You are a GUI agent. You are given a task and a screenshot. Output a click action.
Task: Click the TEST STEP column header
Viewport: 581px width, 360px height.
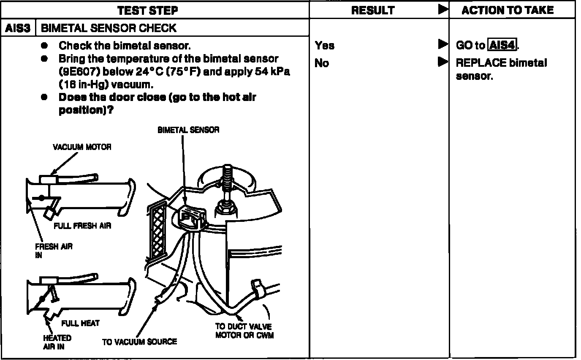[x=147, y=10]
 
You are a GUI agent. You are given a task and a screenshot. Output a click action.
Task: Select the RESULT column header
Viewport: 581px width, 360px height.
[x=372, y=10]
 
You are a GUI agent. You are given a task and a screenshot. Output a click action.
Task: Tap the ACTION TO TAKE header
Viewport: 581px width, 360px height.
[x=507, y=10]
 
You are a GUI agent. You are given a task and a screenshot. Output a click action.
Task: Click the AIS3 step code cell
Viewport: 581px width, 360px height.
[x=18, y=28]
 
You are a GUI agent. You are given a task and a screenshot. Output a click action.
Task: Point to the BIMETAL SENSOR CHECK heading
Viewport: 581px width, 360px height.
[x=109, y=28]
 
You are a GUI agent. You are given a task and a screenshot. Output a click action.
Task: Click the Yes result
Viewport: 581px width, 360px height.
[x=324, y=45]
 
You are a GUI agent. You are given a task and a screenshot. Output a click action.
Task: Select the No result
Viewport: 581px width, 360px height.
[x=321, y=63]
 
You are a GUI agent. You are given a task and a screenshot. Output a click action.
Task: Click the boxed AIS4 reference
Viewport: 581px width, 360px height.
[x=502, y=45]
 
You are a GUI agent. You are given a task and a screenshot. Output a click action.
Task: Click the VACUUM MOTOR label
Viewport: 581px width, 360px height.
[x=82, y=147]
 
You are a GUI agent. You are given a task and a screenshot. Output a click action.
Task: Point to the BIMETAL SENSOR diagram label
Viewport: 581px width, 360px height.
[x=188, y=130]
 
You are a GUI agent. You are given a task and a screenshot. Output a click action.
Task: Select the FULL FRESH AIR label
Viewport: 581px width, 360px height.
[x=82, y=226]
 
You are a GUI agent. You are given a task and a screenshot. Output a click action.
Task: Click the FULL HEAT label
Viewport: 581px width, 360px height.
[x=80, y=323]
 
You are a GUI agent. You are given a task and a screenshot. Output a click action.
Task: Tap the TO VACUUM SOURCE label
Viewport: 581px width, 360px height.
[x=139, y=341]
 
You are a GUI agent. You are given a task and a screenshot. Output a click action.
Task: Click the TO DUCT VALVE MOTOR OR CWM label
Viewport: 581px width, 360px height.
[x=244, y=331]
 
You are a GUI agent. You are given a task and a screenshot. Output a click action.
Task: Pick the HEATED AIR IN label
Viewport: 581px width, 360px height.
[x=57, y=342]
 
